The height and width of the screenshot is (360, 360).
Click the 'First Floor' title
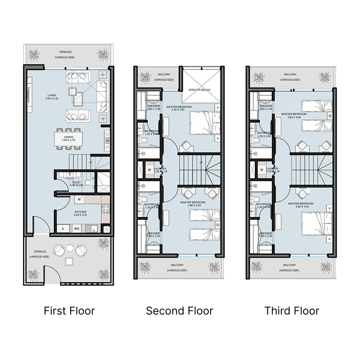69,310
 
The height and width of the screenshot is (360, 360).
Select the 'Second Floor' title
180,310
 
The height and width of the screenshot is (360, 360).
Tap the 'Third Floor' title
292,310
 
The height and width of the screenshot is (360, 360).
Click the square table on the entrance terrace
69,262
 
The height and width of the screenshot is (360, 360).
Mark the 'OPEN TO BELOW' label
200,90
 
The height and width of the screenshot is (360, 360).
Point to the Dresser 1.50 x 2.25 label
153,234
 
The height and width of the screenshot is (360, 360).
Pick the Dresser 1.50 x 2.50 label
265,234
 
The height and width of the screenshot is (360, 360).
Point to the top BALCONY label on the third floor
290,76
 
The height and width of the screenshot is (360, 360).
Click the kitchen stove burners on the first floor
106,208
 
